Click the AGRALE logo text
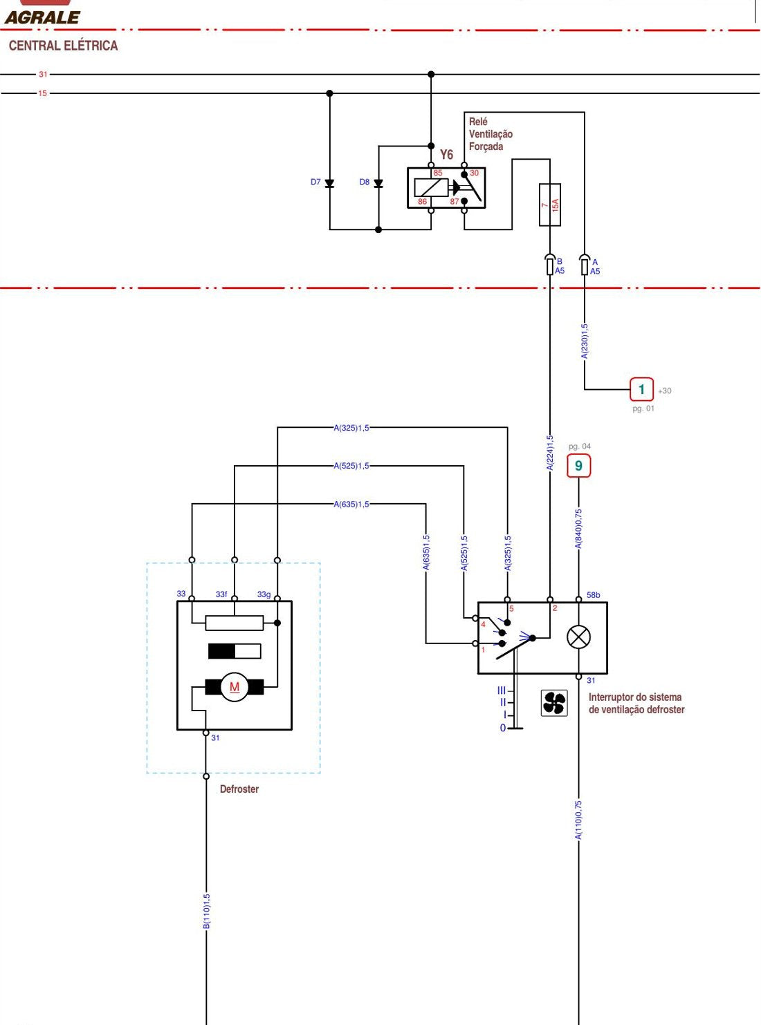point(43,17)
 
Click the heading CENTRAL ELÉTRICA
point(63,46)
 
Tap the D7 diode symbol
point(329,183)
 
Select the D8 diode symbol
point(378,183)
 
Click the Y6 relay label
point(446,154)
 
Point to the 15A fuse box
point(550,205)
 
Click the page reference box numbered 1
point(641,390)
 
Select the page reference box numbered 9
point(579,466)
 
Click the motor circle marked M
point(235,687)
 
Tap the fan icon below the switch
point(554,704)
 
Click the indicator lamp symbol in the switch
point(579,637)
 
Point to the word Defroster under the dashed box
point(239,789)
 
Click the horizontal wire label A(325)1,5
point(351,428)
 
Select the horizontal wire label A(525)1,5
point(351,466)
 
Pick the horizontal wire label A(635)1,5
point(351,504)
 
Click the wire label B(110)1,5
point(206,912)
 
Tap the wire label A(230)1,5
point(585,341)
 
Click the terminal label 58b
point(594,595)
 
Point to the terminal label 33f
point(221,594)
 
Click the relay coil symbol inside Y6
point(431,187)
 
